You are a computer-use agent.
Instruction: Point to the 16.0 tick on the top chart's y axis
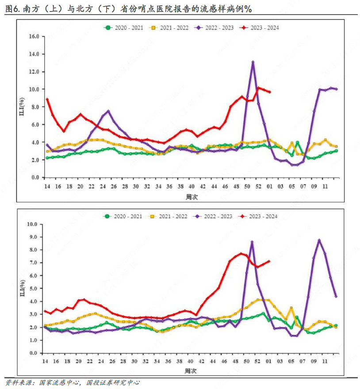34,36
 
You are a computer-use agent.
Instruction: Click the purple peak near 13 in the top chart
253,62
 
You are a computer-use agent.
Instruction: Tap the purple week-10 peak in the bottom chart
319,240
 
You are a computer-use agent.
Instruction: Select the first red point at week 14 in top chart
47,99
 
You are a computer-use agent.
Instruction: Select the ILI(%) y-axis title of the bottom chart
22,290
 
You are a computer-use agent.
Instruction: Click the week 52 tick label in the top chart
258,187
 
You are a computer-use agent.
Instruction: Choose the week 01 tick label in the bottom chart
269,362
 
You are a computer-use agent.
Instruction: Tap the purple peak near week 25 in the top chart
108,111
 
